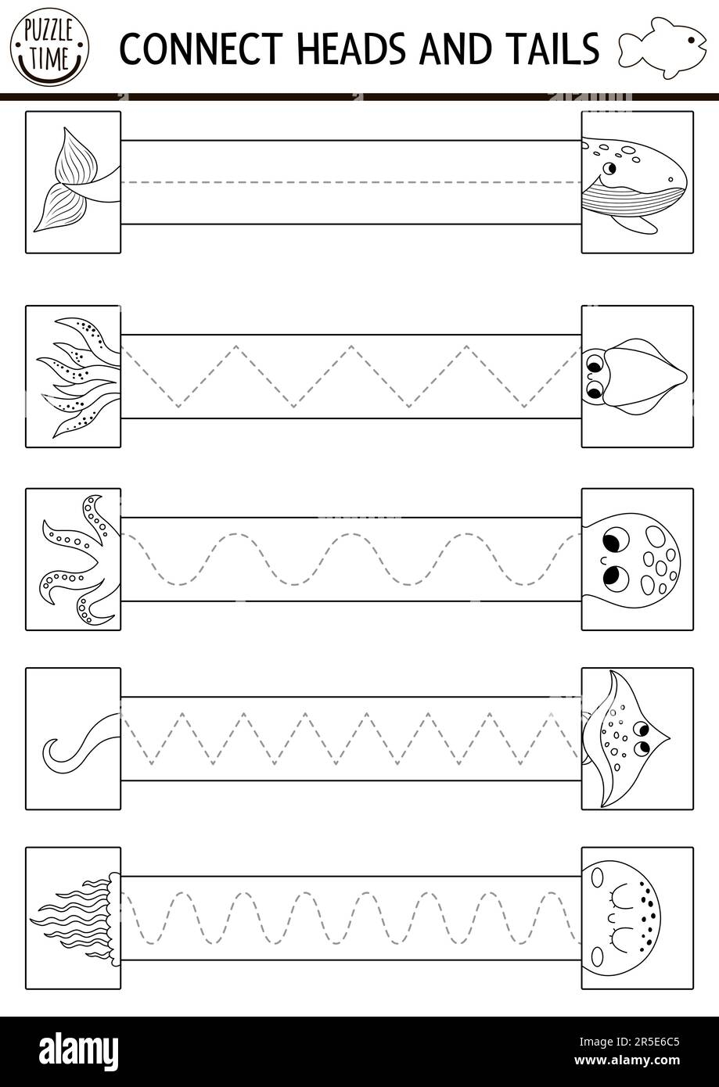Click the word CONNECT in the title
point(201,48)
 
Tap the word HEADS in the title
point(352,48)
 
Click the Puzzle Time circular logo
point(49,47)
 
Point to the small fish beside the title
point(662,48)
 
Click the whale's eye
point(609,168)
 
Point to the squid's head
point(634,377)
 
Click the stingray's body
point(626,739)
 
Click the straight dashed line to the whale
point(351,182)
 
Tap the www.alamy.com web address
point(627,1060)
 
